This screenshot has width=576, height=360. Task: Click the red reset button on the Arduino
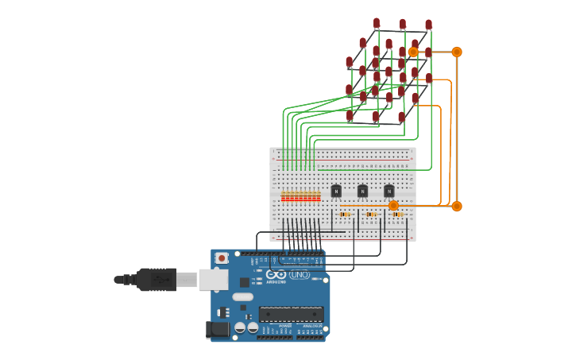click(x=222, y=257)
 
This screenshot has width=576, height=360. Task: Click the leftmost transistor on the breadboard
click(x=336, y=191)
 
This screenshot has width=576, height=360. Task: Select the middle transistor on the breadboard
click(x=362, y=191)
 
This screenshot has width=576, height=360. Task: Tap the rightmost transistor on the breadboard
click(x=389, y=191)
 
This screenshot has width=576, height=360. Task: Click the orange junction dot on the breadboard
click(x=393, y=206)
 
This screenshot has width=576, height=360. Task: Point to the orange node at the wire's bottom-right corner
click(x=457, y=206)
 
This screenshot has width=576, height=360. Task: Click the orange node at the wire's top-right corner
click(x=457, y=52)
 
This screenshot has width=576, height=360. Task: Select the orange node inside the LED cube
click(x=413, y=52)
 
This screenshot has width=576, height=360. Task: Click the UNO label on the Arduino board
click(x=300, y=275)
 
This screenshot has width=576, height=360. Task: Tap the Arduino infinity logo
click(x=276, y=275)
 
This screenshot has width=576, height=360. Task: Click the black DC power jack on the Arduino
click(x=217, y=328)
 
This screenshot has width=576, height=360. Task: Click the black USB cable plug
click(x=157, y=279)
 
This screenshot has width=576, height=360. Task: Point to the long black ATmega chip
click(x=291, y=314)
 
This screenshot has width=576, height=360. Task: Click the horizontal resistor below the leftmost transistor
click(x=345, y=214)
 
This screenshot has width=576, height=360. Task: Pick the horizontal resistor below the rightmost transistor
click(x=397, y=214)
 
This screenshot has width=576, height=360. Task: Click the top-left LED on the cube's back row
click(x=377, y=24)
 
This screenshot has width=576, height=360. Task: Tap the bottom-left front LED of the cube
click(x=350, y=116)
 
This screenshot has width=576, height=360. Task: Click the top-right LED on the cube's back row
click(x=429, y=25)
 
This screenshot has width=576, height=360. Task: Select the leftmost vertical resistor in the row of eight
click(x=283, y=196)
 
